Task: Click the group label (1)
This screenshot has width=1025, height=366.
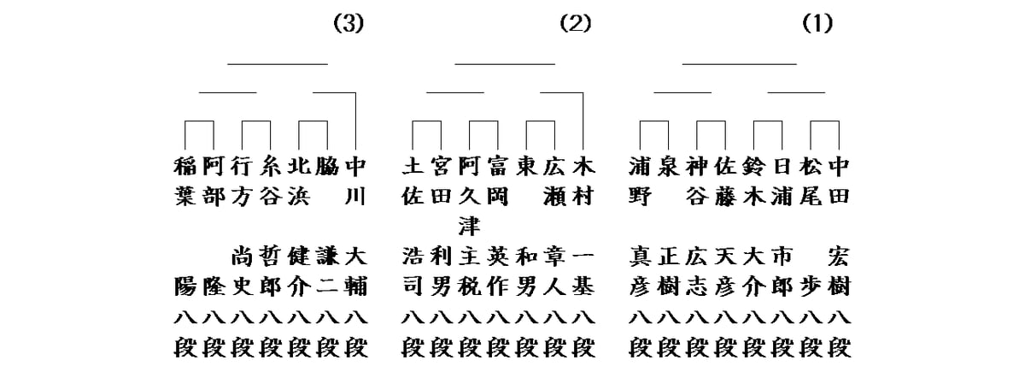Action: point(817,24)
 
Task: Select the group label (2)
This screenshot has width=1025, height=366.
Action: point(575,24)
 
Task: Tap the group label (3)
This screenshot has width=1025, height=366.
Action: point(348,24)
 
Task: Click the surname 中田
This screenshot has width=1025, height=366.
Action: point(840,180)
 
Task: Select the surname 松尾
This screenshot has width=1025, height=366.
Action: point(811,180)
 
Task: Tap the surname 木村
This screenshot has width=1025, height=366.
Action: point(583,180)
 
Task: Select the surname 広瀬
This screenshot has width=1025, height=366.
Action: point(554,180)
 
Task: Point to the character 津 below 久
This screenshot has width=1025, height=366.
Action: point(469,226)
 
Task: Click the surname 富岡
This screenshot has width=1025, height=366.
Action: point(497,180)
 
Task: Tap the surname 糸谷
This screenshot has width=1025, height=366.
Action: point(270,180)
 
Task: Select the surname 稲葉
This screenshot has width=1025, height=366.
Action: point(184,180)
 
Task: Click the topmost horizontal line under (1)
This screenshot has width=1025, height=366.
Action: point(739,63)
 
